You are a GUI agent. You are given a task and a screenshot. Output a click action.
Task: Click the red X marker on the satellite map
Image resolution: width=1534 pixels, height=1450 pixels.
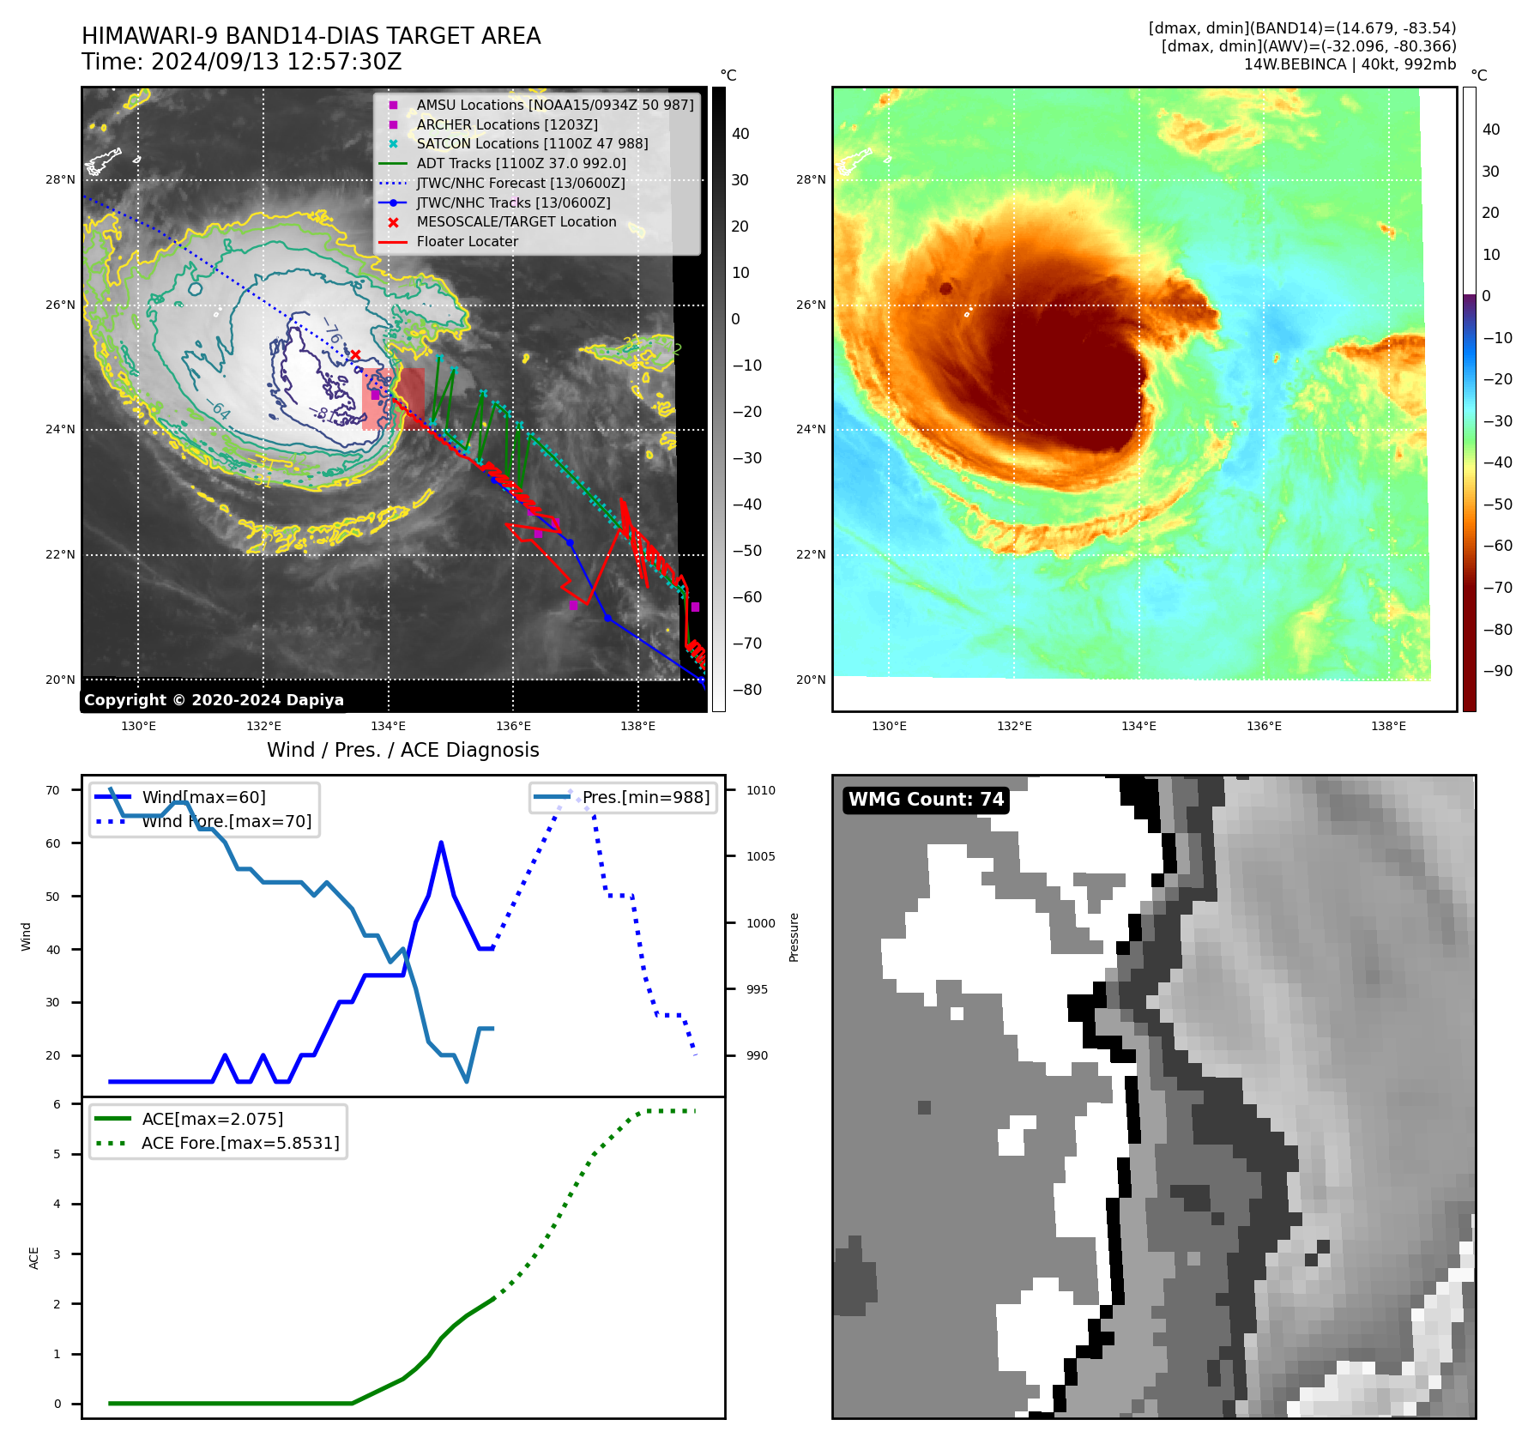(355, 354)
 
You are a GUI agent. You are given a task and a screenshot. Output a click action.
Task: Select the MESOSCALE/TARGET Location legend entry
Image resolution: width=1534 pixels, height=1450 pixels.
(516, 222)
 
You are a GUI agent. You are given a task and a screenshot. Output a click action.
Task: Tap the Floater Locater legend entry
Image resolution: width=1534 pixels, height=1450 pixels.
(467, 242)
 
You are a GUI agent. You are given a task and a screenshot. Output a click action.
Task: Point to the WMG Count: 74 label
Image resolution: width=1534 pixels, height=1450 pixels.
(925, 800)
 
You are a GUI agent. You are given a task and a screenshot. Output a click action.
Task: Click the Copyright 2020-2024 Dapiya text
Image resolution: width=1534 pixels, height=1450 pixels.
(214, 700)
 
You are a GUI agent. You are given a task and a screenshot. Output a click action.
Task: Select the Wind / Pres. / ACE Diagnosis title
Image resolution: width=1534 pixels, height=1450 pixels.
(402, 750)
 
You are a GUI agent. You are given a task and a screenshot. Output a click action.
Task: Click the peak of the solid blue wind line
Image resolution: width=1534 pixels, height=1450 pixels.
(441, 843)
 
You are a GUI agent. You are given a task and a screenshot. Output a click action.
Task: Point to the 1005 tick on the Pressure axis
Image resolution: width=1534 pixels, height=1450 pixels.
(760, 856)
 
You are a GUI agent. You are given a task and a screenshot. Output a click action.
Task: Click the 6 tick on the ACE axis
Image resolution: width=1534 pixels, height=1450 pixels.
(57, 1104)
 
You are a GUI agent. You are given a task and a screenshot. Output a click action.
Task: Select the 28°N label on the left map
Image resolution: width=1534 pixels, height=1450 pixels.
(60, 180)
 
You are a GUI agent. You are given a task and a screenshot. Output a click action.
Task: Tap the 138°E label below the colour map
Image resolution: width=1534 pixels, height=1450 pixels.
(1388, 726)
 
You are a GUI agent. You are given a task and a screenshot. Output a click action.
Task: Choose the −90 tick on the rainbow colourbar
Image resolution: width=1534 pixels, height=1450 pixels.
(1497, 671)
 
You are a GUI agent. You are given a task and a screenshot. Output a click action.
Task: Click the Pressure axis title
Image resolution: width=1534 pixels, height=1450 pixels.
(794, 937)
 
